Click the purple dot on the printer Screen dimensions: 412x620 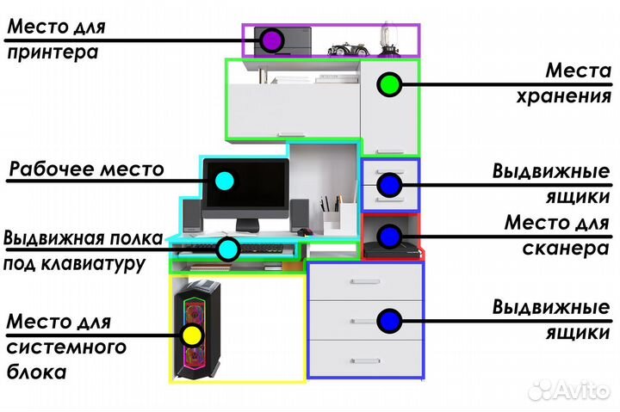tap(272, 40)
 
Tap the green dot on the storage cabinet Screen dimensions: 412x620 tap(390, 84)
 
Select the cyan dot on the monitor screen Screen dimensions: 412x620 tap(223, 181)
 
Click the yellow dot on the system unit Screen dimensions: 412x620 tap(192, 331)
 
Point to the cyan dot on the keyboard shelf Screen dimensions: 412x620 tap(227, 249)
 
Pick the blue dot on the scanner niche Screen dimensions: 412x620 tap(388, 235)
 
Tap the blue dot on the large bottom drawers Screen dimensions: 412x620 tap(389, 321)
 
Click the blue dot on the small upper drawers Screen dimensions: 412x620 tap(389, 184)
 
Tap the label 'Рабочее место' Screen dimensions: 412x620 tap(85, 169)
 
